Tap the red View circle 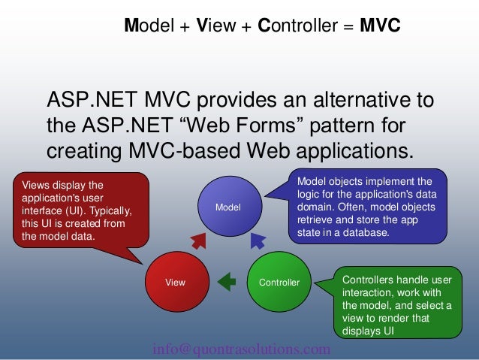point(175,283)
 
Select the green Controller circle point(279,283)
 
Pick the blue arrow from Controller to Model point(257,241)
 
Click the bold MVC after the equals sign point(380,26)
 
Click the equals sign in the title point(348,27)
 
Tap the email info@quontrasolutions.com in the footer point(240,349)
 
